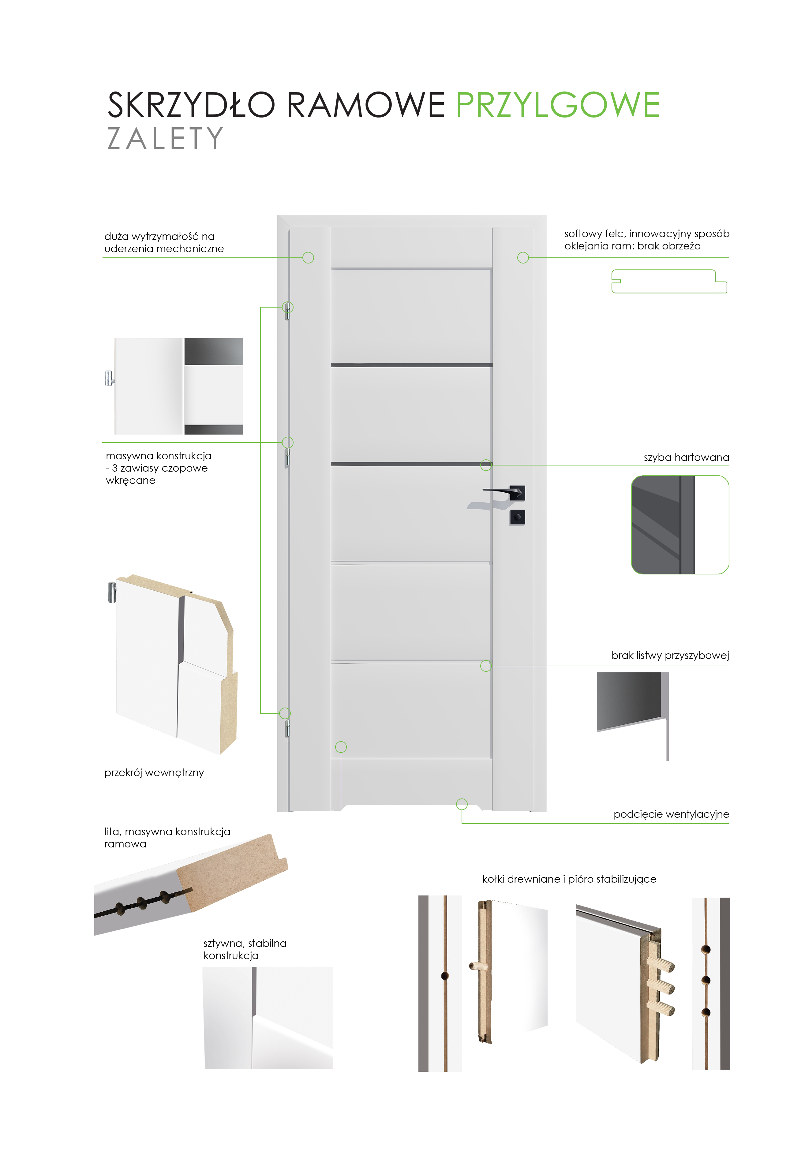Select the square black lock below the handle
click(x=517, y=517)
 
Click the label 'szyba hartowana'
click(x=686, y=458)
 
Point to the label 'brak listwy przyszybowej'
click(x=670, y=655)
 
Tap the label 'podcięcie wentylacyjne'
click(x=671, y=814)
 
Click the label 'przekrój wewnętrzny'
click(x=154, y=773)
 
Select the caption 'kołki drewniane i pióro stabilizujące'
click(x=569, y=879)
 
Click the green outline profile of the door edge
click(x=669, y=282)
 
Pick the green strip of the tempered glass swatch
click(x=712, y=525)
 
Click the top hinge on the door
click(x=287, y=312)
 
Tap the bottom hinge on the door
click(x=287, y=728)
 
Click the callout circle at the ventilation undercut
click(x=462, y=804)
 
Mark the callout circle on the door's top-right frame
click(x=523, y=258)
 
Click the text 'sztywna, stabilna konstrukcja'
click(x=245, y=949)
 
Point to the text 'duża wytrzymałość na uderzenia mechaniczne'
click(x=164, y=243)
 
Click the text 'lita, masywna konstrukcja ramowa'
click(x=167, y=838)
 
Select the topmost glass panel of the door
click(x=411, y=315)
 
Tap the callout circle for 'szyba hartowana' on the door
click(x=486, y=465)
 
